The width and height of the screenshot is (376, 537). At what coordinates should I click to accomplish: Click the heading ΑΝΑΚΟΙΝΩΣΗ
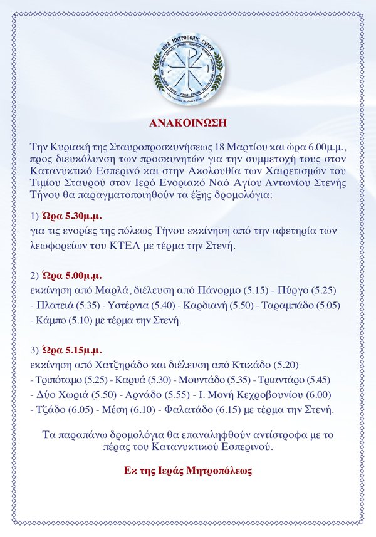(189, 122)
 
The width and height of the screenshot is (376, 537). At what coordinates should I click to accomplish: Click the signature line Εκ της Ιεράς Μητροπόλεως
(189, 469)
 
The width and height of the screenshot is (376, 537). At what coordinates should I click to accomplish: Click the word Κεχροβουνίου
(281, 395)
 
